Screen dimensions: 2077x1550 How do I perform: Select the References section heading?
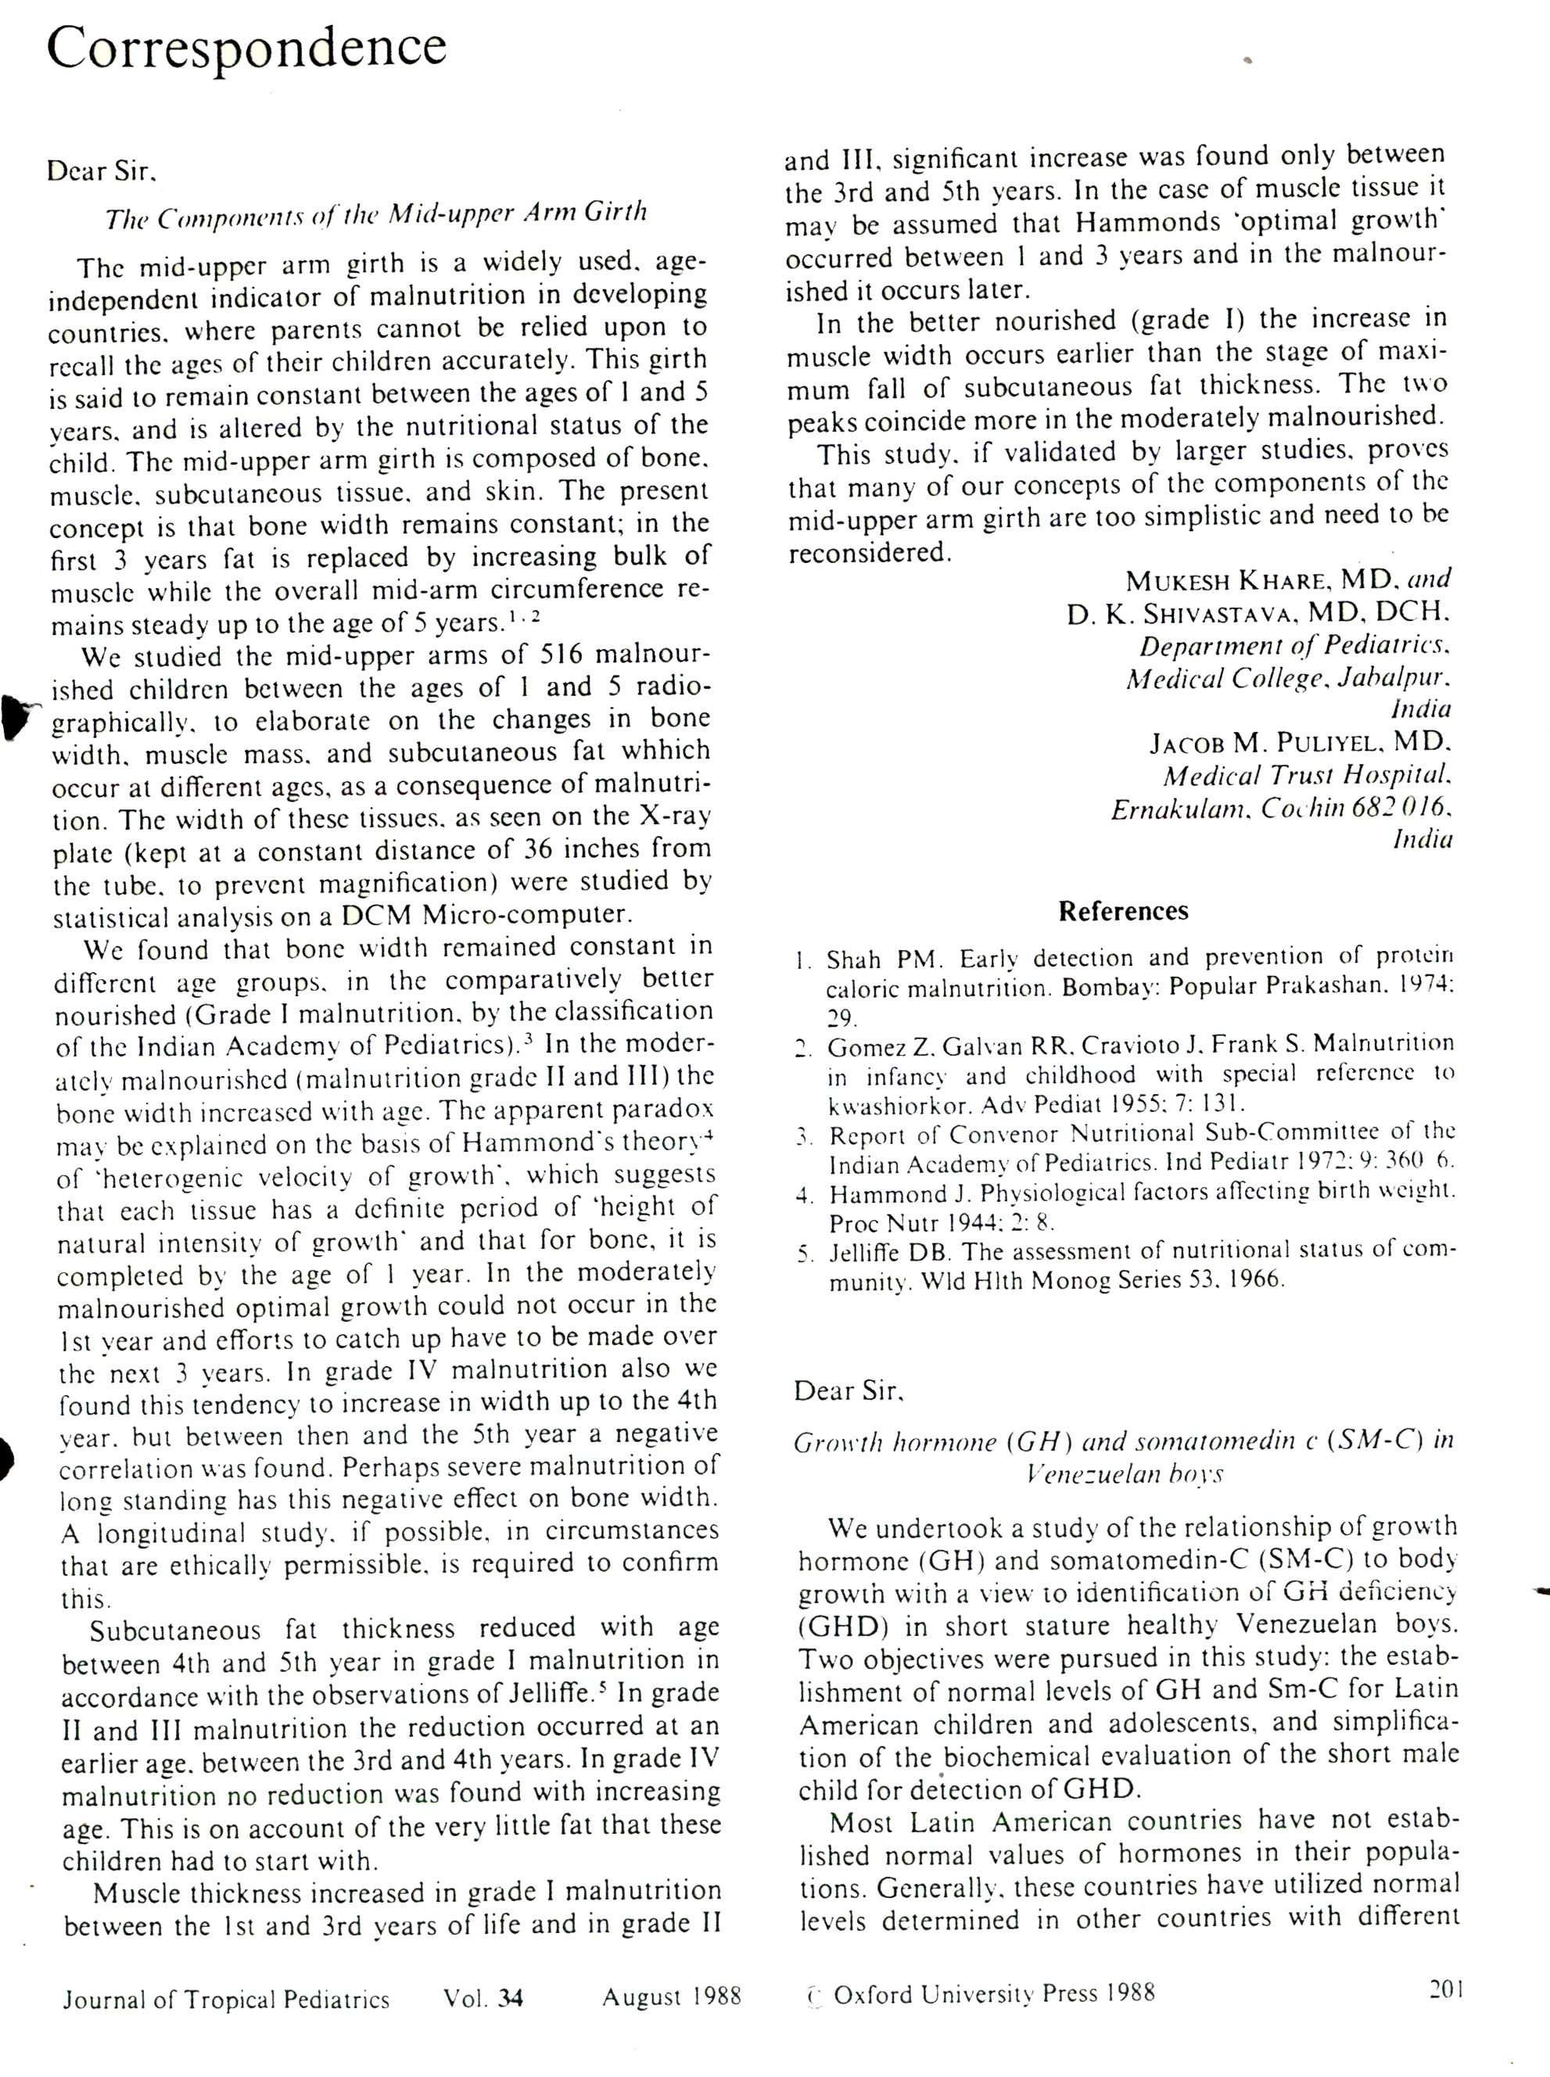click(1122, 911)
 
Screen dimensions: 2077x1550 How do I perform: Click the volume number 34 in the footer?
click(511, 1998)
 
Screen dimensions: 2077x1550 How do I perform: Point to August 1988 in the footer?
click(672, 1996)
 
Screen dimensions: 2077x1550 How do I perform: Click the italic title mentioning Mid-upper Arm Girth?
click(375, 216)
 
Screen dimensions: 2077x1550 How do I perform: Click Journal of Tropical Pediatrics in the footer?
click(226, 1999)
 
